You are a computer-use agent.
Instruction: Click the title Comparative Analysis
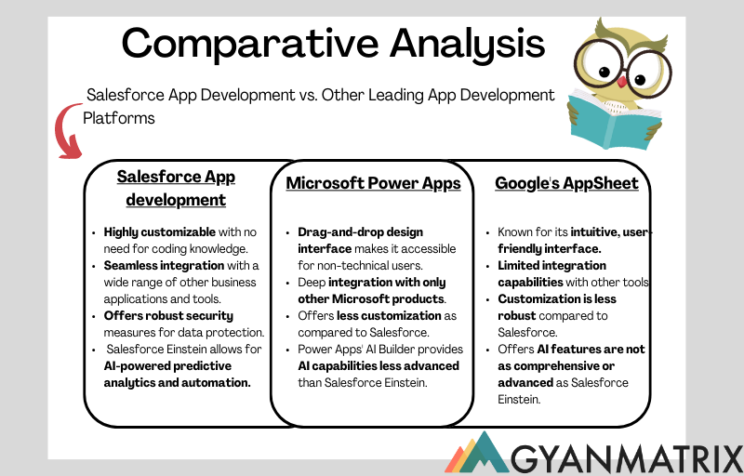(x=333, y=42)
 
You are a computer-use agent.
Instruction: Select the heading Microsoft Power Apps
(x=373, y=183)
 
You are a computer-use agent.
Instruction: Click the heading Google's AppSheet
(x=566, y=183)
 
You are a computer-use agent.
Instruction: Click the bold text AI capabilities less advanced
(x=378, y=365)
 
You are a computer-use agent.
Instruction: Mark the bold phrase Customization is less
(x=557, y=299)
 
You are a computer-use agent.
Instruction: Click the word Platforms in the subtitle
(x=118, y=118)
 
